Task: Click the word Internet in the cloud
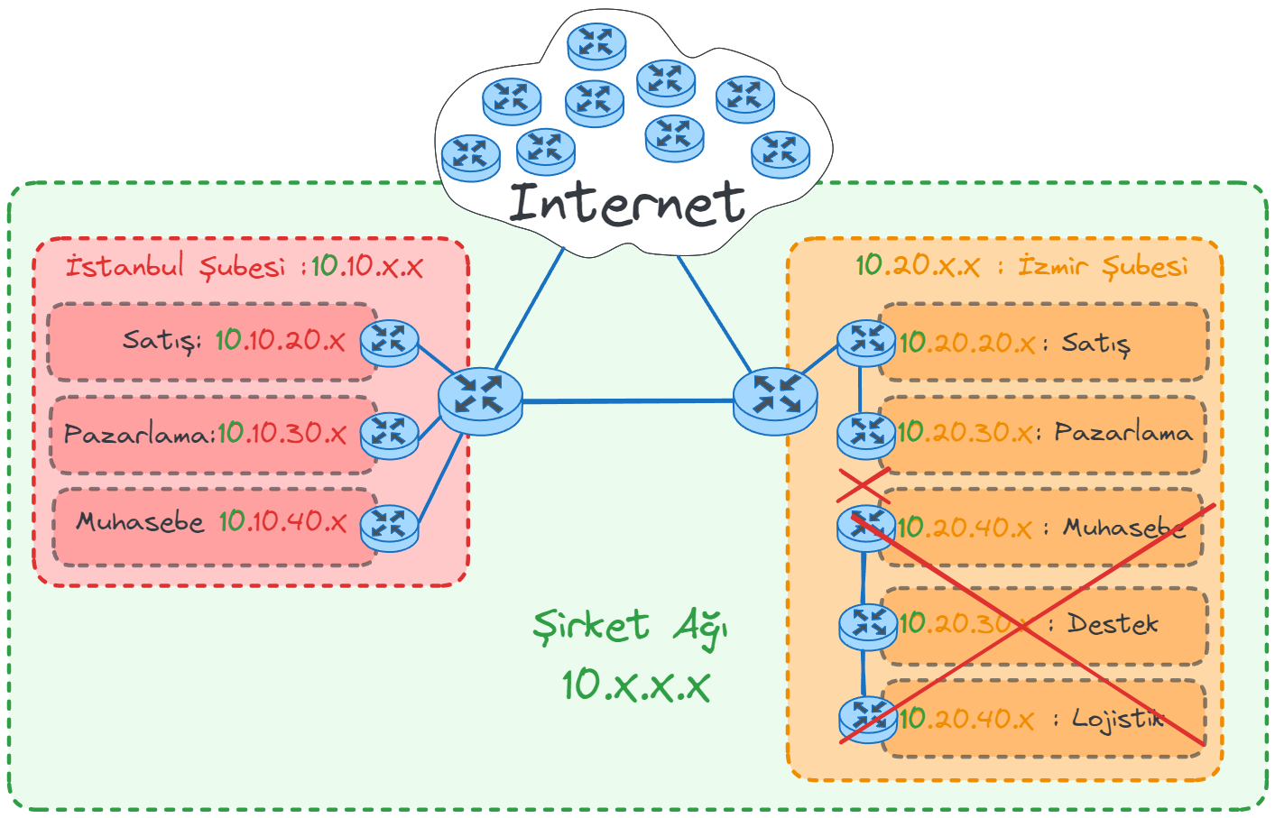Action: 627,204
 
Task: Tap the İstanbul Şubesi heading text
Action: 175,267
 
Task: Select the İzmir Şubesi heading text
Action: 1103,266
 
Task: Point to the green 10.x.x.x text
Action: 635,685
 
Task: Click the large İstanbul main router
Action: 480,400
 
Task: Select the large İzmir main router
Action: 775,400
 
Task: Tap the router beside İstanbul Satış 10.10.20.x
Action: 389,343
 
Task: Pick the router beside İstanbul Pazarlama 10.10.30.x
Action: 389,435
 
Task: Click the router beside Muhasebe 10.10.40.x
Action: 389,527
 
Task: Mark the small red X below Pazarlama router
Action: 864,484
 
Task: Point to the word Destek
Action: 1113,623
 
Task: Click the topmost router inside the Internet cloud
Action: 596,45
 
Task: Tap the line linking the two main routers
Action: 627,400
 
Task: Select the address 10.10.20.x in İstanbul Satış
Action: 280,340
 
